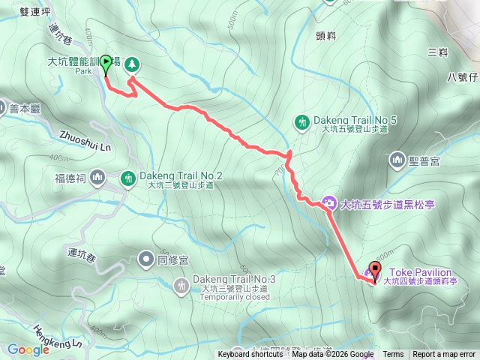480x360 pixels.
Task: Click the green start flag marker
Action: [106, 64]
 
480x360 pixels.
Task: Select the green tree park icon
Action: [132, 64]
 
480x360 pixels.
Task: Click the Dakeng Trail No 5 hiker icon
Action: [302, 121]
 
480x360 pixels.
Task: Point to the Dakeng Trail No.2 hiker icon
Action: [128, 178]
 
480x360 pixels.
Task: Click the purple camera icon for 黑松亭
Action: [328, 202]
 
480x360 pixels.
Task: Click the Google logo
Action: [28, 349]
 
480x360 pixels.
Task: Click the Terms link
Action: [393, 355]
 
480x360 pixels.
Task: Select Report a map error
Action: [444, 355]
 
